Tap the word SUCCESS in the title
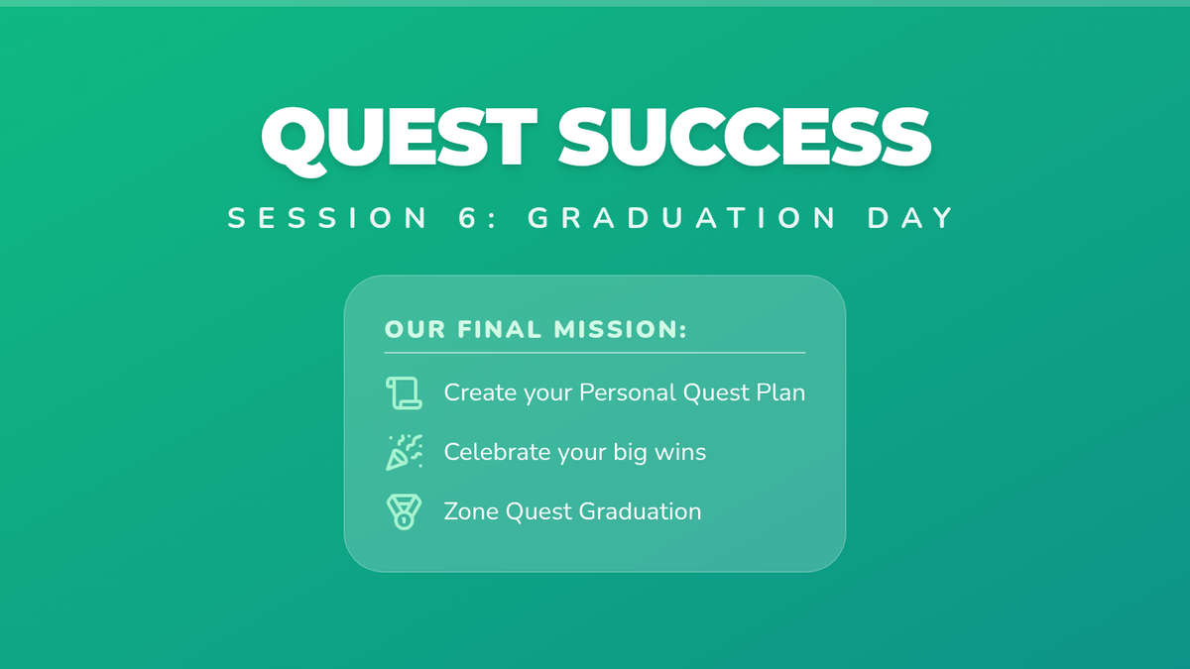click(745, 137)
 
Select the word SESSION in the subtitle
click(328, 218)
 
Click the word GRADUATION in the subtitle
click(681, 218)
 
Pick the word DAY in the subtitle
click(910, 218)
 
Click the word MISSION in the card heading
click(620, 329)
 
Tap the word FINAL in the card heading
click(500, 329)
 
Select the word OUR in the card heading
click(415, 329)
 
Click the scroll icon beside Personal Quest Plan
click(404, 393)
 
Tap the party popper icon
click(405, 452)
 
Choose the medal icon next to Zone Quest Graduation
click(404, 511)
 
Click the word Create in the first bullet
click(480, 392)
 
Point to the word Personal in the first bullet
click(628, 392)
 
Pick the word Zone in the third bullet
click(471, 511)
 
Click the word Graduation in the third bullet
click(640, 511)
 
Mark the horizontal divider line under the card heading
click(595, 353)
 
